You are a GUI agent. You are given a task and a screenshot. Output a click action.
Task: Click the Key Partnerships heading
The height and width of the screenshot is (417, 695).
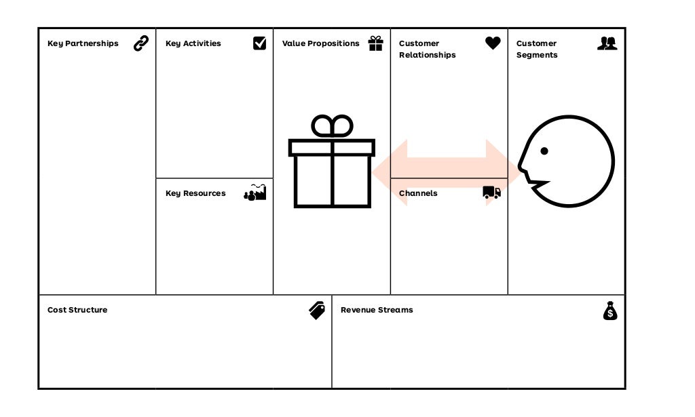[83, 43]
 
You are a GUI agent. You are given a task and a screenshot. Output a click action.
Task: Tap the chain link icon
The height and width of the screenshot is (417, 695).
[141, 43]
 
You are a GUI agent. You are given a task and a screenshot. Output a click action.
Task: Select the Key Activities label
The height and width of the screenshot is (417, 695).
[193, 43]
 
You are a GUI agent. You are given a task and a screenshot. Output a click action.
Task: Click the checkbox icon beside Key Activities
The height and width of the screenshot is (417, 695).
[259, 43]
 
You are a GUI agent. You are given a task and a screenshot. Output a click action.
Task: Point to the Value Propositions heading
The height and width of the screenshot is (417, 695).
[321, 43]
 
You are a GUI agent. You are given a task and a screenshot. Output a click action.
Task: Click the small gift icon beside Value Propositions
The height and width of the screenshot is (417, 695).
[375, 43]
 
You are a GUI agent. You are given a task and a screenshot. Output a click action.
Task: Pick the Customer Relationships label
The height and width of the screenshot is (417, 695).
[428, 49]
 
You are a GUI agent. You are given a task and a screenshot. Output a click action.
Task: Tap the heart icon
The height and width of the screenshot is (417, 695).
[493, 43]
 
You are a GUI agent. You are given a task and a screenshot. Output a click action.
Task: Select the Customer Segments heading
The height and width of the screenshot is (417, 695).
[537, 49]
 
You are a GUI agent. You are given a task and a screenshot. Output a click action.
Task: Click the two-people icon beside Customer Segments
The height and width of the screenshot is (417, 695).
[607, 43]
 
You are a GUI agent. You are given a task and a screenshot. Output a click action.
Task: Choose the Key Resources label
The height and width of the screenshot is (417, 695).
[195, 193]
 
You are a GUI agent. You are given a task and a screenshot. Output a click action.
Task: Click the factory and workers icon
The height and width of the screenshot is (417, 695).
[255, 193]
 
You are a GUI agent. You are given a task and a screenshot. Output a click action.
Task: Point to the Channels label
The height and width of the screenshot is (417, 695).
[418, 193]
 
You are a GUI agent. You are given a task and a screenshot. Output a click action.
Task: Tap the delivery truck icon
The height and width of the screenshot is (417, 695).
[492, 193]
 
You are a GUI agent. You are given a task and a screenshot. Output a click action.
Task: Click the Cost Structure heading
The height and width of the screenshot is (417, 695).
[77, 310]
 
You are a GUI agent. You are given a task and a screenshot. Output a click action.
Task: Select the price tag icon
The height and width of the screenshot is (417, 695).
[317, 311]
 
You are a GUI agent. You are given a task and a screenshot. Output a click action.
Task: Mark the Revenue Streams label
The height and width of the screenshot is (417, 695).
[377, 310]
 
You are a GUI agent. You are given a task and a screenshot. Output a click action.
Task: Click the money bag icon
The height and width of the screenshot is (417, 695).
[610, 311]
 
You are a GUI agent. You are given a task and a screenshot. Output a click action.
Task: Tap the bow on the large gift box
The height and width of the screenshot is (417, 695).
[333, 126]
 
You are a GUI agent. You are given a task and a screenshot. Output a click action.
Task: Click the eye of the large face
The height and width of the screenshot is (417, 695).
[544, 151]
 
